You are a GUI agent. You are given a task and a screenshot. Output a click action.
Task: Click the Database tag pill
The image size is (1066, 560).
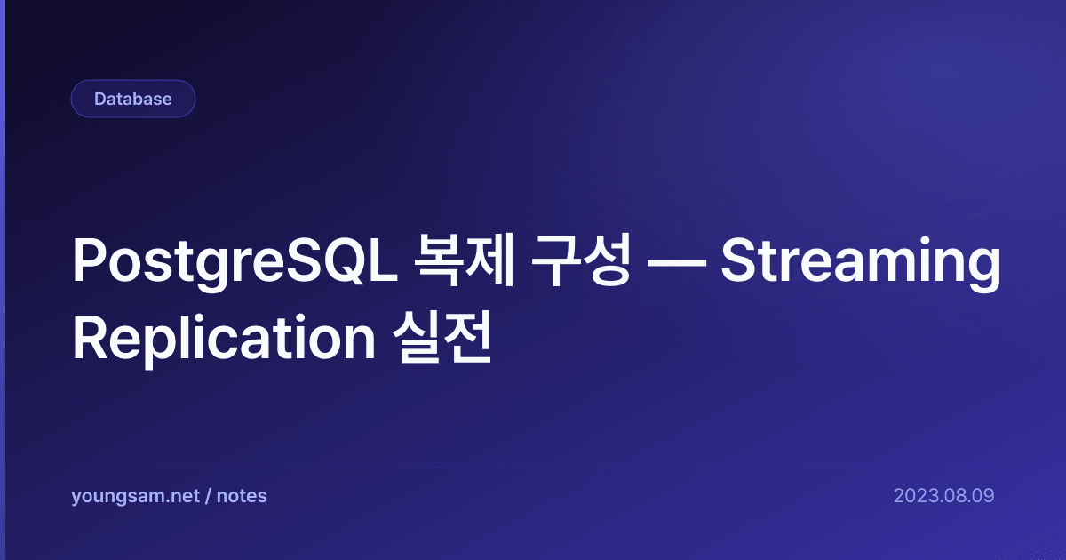tap(133, 99)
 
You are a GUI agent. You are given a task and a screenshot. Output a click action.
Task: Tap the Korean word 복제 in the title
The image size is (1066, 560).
tap(465, 260)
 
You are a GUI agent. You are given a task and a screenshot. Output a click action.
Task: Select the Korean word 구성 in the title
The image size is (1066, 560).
tap(581, 260)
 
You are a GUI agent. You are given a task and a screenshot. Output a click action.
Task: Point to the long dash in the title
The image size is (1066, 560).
tap(677, 263)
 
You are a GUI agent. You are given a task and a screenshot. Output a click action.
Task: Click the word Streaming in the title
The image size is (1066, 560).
tap(861, 263)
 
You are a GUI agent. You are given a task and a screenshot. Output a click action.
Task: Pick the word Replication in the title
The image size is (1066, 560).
tap(224, 339)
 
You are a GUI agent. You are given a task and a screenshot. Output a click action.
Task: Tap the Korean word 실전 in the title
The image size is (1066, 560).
tap(442, 337)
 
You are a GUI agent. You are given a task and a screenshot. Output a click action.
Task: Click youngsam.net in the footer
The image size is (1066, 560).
tap(135, 496)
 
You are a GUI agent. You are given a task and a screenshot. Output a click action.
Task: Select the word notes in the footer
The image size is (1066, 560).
tap(242, 496)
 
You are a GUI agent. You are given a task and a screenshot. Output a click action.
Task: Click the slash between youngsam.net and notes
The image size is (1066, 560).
tap(208, 496)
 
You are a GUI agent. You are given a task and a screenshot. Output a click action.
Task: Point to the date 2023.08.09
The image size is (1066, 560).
tap(943, 496)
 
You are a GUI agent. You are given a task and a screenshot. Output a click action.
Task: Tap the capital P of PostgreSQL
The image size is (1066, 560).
tap(89, 260)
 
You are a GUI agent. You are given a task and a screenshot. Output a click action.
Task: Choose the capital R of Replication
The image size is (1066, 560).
tap(91, 336)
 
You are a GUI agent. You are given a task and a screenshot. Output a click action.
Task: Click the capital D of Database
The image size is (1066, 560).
tap(101, 99)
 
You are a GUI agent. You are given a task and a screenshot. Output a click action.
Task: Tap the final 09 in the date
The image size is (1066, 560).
tap(983, 496)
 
